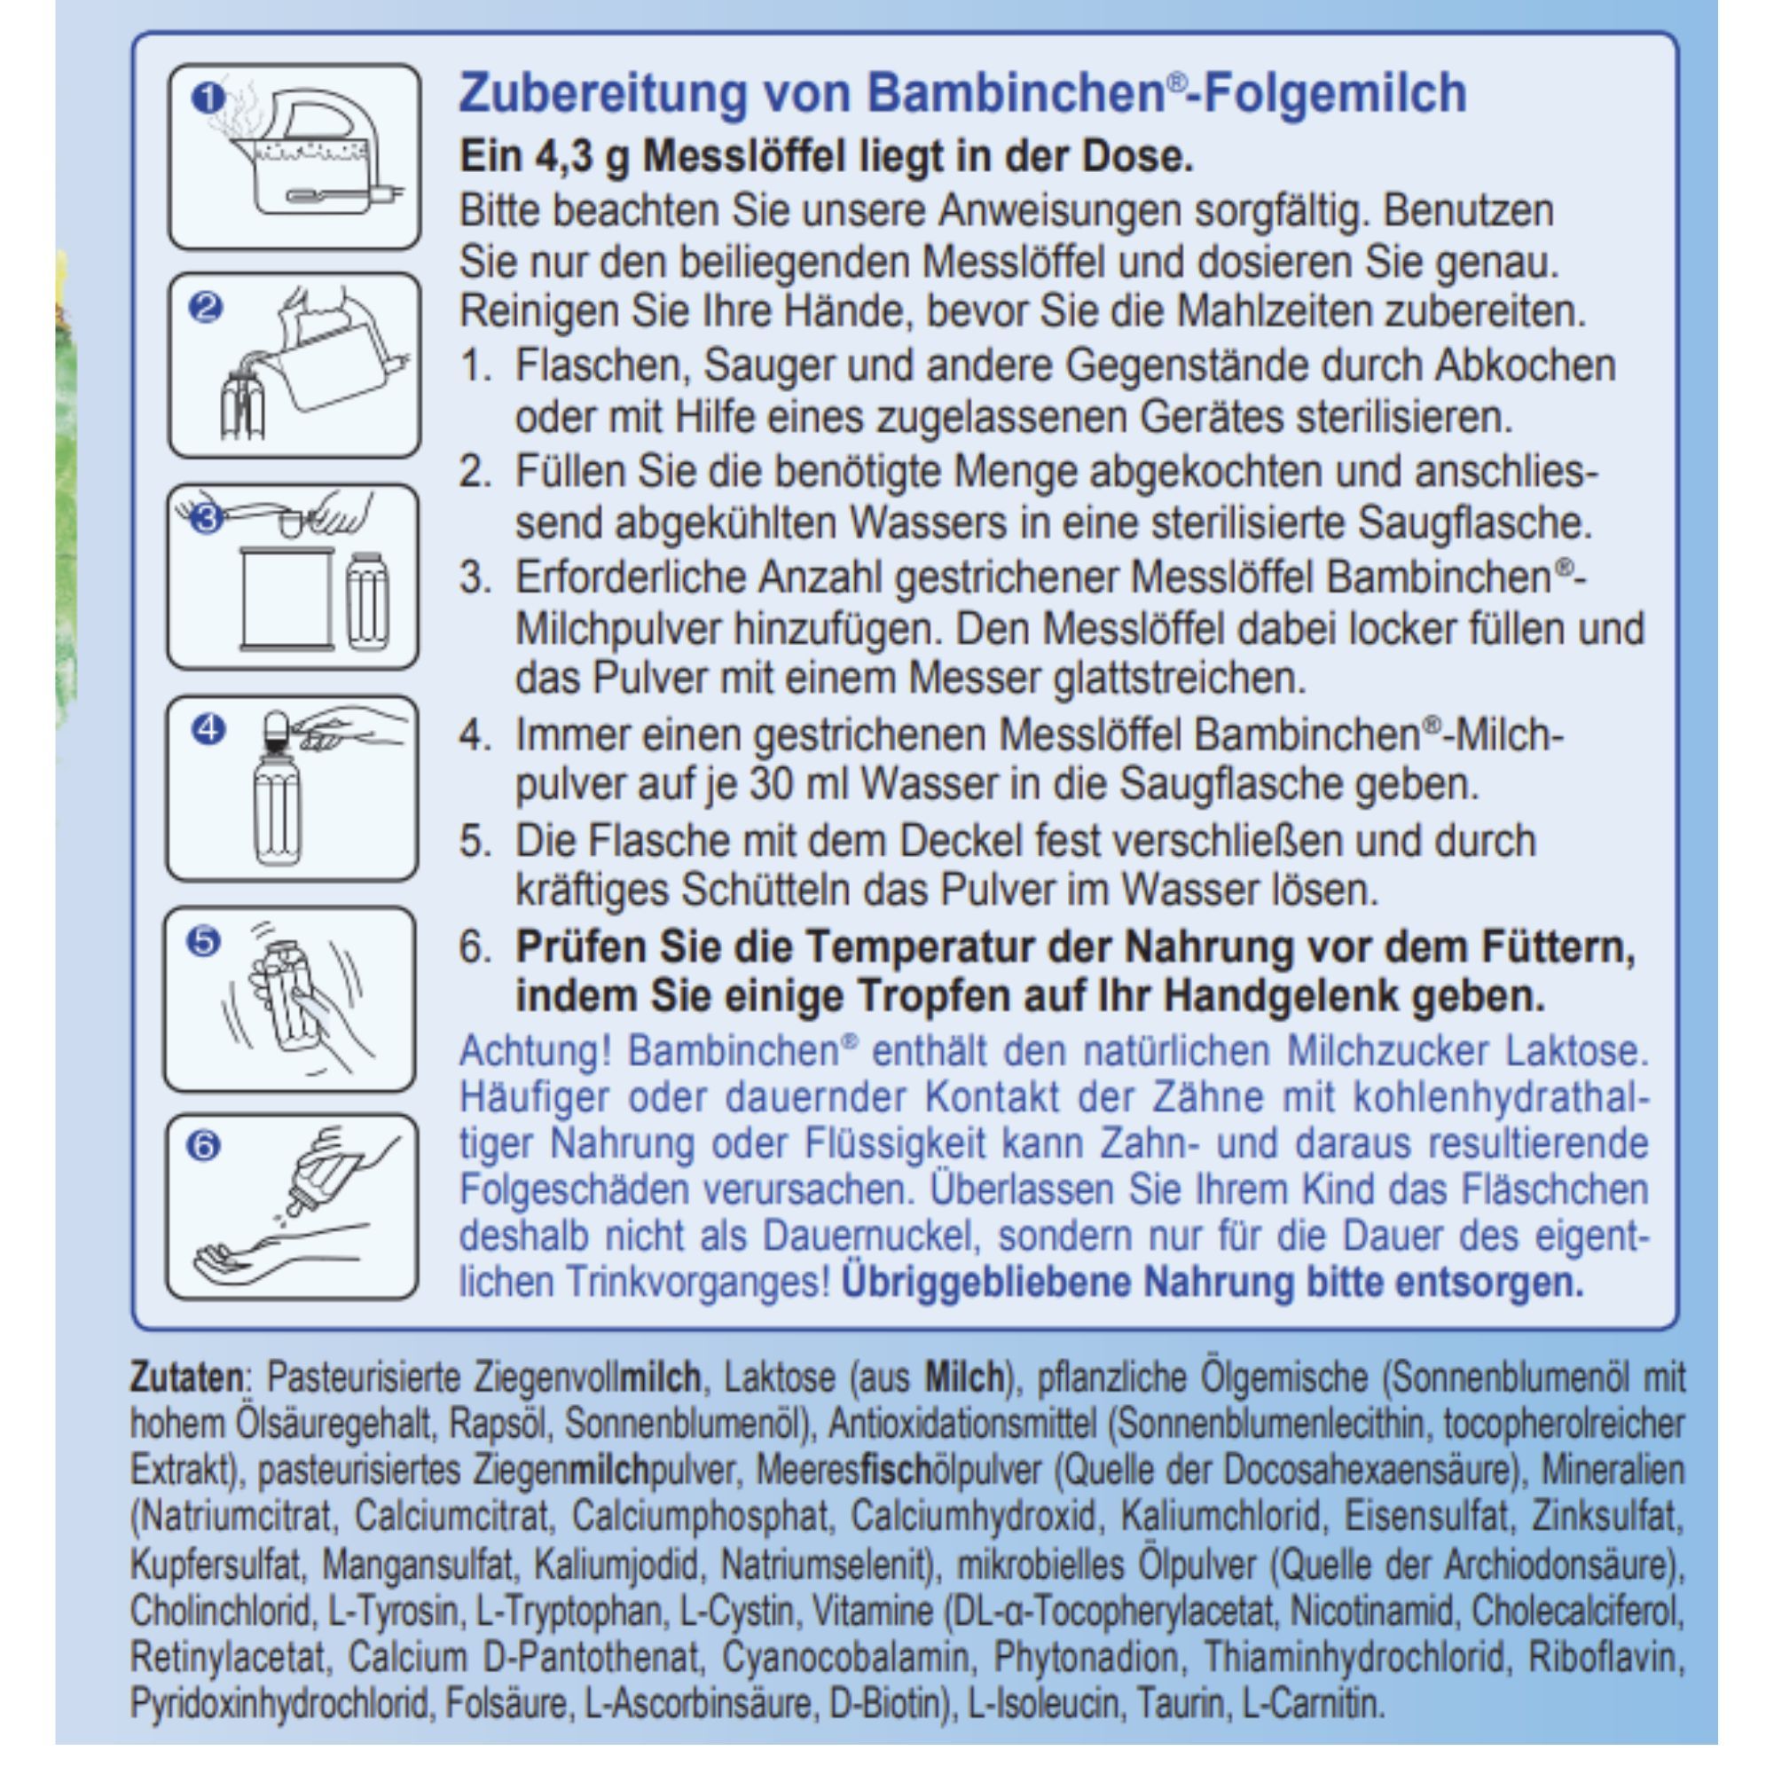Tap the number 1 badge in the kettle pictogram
pos(208,98)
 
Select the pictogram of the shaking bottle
pos(290,999)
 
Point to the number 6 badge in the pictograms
pos(204,1145)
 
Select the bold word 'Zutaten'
pos(187,1378)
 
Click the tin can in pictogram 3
pos(287,599)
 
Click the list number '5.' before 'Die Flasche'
pos(475,841)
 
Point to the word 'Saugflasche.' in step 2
pos(1475,524)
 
